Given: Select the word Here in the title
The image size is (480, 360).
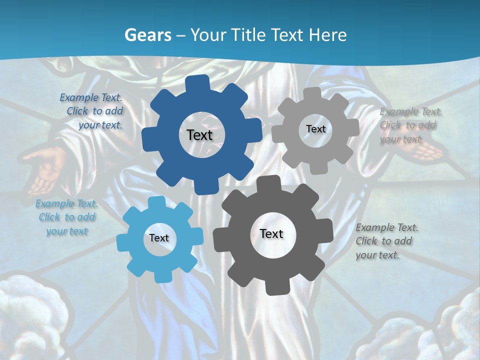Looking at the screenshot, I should (x=327, y=35).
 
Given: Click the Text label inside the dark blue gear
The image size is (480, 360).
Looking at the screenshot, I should (x=200, y=135).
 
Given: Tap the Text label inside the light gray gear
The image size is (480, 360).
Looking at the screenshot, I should (x=315, y=129).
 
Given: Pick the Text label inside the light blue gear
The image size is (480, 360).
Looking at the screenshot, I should (x=159, y=238).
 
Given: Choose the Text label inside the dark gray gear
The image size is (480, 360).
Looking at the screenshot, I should (x=271, y=233).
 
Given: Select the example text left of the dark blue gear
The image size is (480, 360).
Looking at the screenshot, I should (x=92, y=111).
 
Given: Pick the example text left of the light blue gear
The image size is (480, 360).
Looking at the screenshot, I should (x=66, y=217).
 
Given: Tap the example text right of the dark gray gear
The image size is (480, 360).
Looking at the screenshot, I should (x=386, y=241).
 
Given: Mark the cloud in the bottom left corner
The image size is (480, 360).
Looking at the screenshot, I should (x=30, y=320).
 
